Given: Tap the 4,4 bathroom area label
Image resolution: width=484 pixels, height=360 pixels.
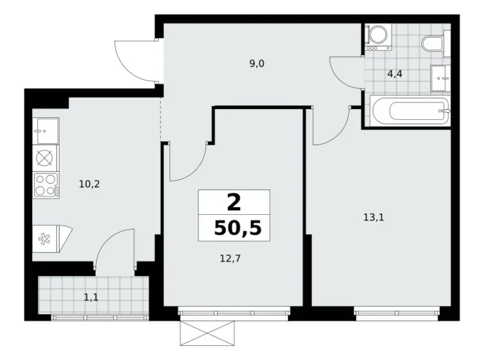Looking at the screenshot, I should coord(394,74).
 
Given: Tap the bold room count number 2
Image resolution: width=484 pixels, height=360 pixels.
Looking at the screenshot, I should coord(234,202).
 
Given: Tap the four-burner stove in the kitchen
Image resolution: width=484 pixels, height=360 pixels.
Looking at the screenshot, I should coord(45,184).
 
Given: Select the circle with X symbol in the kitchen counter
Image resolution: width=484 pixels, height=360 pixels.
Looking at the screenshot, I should coord(45,158).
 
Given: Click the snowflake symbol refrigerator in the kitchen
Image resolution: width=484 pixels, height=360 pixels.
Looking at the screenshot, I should coord(47,237).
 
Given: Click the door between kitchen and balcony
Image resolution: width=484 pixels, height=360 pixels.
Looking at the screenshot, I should coord(114,251).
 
